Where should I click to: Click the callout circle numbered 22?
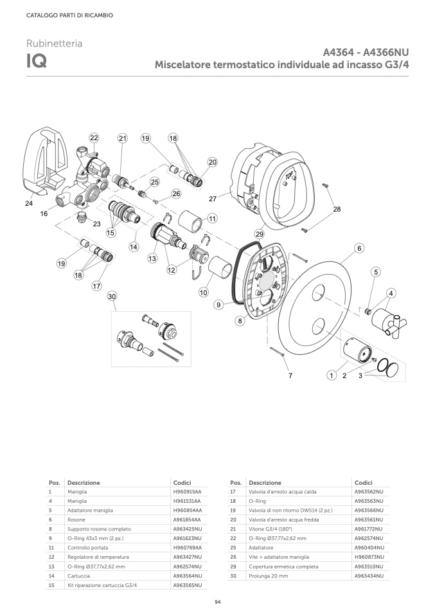point(94,138)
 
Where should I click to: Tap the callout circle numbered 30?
point(112,296)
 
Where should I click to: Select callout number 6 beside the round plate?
point(359,248)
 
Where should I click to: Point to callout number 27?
point(213,199)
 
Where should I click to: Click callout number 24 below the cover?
point(29,203)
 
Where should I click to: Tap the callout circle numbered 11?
point(213,219)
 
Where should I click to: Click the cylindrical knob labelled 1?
point(357,352)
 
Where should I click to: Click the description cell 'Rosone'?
point(76,520)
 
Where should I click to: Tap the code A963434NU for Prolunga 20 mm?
point(369,576)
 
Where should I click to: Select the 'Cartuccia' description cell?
point(78,576)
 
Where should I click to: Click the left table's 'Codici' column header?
point(182,482)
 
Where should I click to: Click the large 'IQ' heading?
point(37,61)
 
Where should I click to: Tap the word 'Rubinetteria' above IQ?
point(54,43)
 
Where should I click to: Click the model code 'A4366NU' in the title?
point(386,52)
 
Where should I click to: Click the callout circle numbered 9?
point(218,305)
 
